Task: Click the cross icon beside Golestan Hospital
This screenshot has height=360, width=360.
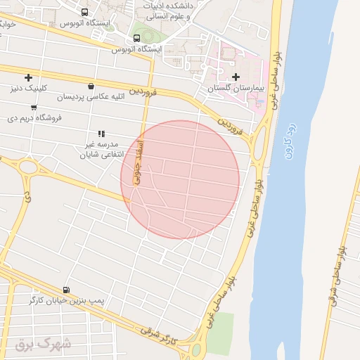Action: tap(236, 76)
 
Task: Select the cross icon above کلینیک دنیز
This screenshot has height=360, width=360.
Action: tap(28, 77)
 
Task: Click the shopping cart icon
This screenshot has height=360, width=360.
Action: tap(34, 107)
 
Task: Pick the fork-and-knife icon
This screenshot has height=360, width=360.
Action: tap(101, 133)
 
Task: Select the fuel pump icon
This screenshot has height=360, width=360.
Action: tap(66, 289)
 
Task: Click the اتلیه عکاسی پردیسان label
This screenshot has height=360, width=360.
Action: tap(91, 96)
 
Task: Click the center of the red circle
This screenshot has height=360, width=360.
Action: tap(180, 180)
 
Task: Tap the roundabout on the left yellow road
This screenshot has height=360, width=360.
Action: tap(29, 167)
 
